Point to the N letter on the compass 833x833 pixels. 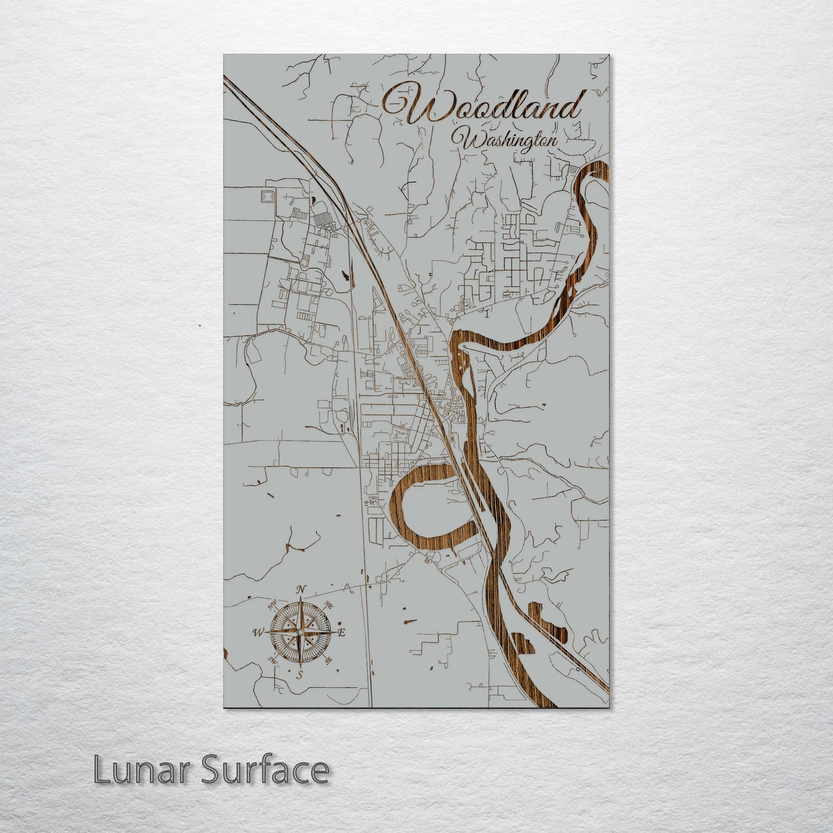300,589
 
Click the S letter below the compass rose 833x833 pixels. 299,675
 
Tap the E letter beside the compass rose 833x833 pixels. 341,632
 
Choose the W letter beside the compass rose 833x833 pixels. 257,633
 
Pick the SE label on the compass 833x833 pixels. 329,661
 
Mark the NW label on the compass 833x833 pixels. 272,605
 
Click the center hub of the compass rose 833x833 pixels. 300,632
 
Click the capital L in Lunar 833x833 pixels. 102,770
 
